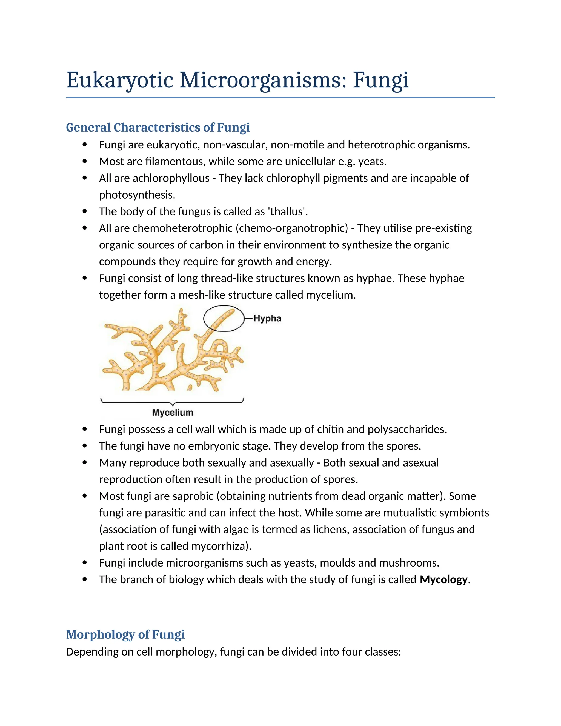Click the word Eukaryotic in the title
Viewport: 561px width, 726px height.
click(x=120, y=81)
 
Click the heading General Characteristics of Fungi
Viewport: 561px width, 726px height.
click(x=158, y=127)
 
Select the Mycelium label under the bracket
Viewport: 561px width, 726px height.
click(x=173, y=413)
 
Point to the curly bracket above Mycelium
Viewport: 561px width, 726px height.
click(x=172, y=402)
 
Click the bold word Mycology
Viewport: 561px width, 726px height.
click(x=444, y=579)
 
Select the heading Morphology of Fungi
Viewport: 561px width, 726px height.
click(x=125, y=634)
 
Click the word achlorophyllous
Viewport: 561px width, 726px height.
click(x=171, y=178)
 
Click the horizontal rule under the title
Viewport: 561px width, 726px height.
click(x=280, y=98)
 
